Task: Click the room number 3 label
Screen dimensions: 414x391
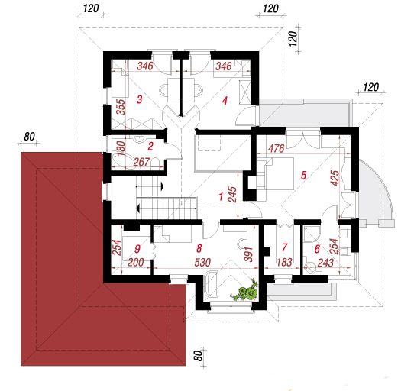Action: (x=140, y=99)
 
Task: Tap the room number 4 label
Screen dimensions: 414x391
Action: (x=225, y=101)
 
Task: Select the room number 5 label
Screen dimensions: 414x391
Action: (x=304, y=175)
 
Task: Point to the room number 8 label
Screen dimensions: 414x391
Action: (x=199, y=248)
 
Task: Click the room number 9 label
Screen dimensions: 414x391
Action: (x=137, y=249)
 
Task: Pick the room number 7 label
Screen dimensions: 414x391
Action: (x=284, y=247)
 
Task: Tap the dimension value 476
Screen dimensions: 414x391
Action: (x=277, y=149)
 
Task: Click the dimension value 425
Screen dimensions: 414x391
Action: (x=335, y=178)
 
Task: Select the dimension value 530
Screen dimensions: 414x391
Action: (x=202, y=263)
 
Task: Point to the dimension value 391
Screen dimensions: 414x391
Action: (x=248, y=254)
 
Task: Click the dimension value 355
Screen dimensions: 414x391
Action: (x=121, y=107)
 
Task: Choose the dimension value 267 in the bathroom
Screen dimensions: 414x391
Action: (x=141, y=162)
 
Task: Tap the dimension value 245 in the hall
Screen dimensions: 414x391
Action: (x=232, y=195)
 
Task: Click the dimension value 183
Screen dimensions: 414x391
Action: (x=284, y=262)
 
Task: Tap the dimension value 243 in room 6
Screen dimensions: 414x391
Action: (x=325, y=263)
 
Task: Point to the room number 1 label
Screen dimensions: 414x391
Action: (x=221, y=196)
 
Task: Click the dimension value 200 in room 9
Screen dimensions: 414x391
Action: (x=136, y=263)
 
